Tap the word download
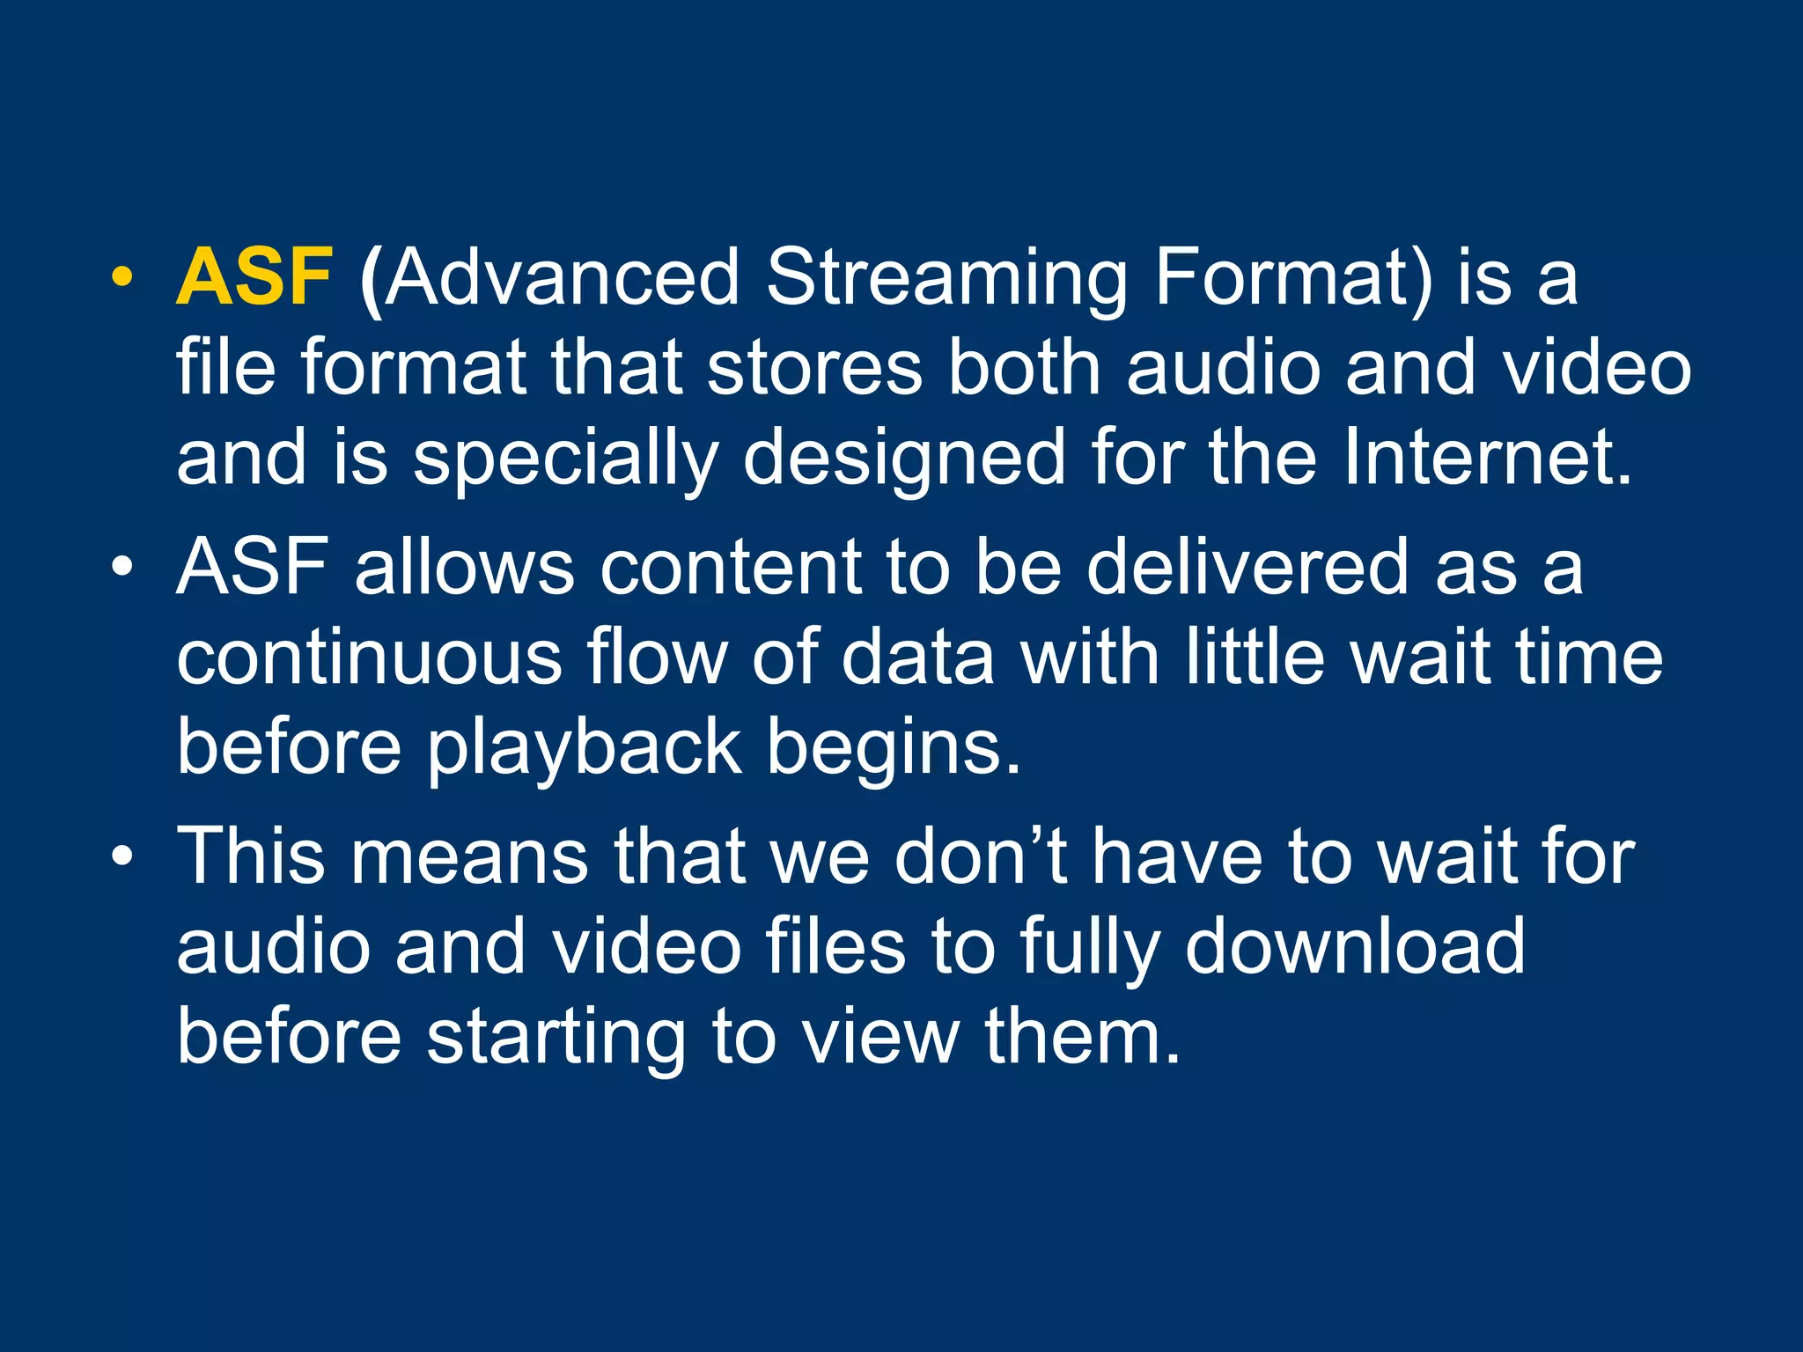1355,945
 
